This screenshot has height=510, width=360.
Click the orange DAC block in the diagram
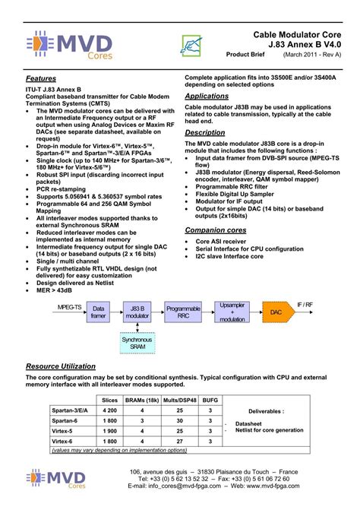tap(276, 312)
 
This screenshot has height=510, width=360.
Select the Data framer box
tap(99, 312)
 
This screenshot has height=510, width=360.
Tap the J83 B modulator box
tap(138, 312)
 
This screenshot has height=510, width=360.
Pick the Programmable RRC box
tap(183, 312)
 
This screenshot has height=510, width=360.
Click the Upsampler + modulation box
tap(232, 312)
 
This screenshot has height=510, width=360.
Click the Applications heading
tap(207, 97)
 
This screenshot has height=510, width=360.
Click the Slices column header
tap(109, 399)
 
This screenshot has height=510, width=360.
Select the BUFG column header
tap(210, 399)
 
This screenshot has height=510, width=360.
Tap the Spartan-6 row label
tap(66, 420)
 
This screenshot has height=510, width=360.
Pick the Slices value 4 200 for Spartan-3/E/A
tap(109, 410)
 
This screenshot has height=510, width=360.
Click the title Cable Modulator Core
tap(297, 36)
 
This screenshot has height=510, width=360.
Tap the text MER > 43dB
tap(58, 290)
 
